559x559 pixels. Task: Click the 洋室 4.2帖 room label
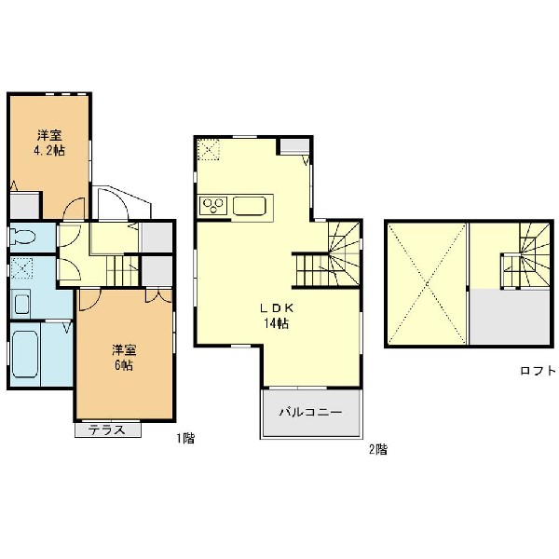click(x=49, y=143)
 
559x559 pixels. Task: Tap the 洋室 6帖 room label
click(x=124, y=358)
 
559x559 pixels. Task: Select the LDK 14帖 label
click(x=277, y=316)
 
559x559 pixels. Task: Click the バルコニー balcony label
click(x=310, y=413)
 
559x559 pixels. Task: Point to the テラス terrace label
click(x=107, y=429)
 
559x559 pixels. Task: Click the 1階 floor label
click(x=185, y=438)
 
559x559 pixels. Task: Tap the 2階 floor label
click(x=378, y=450)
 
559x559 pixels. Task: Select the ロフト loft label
click(x=538, y=371)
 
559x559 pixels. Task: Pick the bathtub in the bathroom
click(x=25, y=354)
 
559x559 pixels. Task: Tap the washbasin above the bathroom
click(x=20, y=304)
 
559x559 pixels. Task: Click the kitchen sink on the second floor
click(x=250, y=206)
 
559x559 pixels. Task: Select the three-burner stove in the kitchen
click(x=213, y=206)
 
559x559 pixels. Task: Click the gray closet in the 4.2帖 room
click(x=24, y=206)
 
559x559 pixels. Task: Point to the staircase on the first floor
click(x=123, y=270)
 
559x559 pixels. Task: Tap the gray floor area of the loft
click(x=510, y=317)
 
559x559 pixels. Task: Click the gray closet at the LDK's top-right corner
click(x=294, y=146)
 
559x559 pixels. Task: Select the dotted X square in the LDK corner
click(x=209, y=149)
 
